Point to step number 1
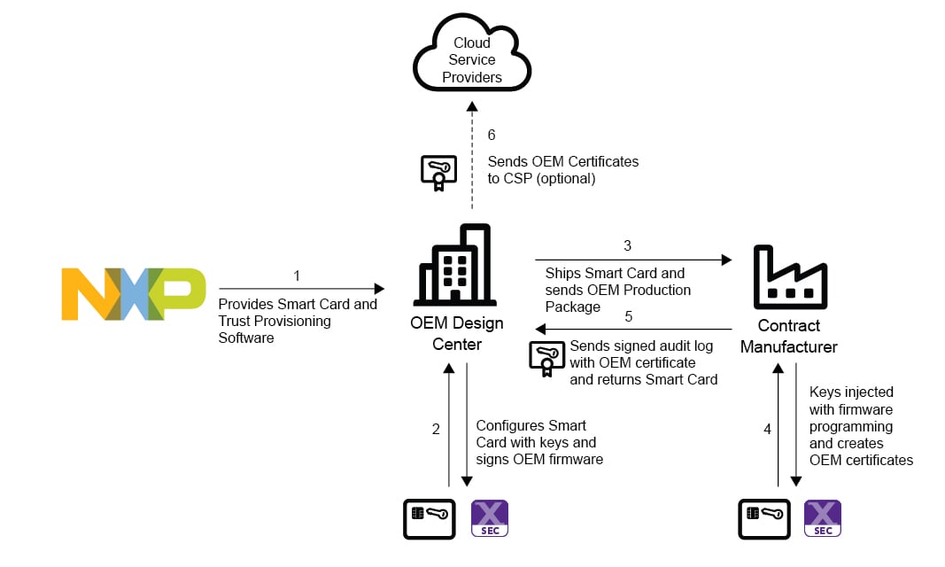297,276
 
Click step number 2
436,429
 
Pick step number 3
628,245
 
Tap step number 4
768,429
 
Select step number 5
628,316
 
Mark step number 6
492,136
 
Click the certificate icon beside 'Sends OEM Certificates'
438,173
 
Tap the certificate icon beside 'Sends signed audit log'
546,359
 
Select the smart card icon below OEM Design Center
430,518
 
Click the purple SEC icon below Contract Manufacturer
823,518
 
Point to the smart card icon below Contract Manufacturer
764,518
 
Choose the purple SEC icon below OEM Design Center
490,518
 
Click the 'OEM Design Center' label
457,333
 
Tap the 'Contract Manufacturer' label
789,336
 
